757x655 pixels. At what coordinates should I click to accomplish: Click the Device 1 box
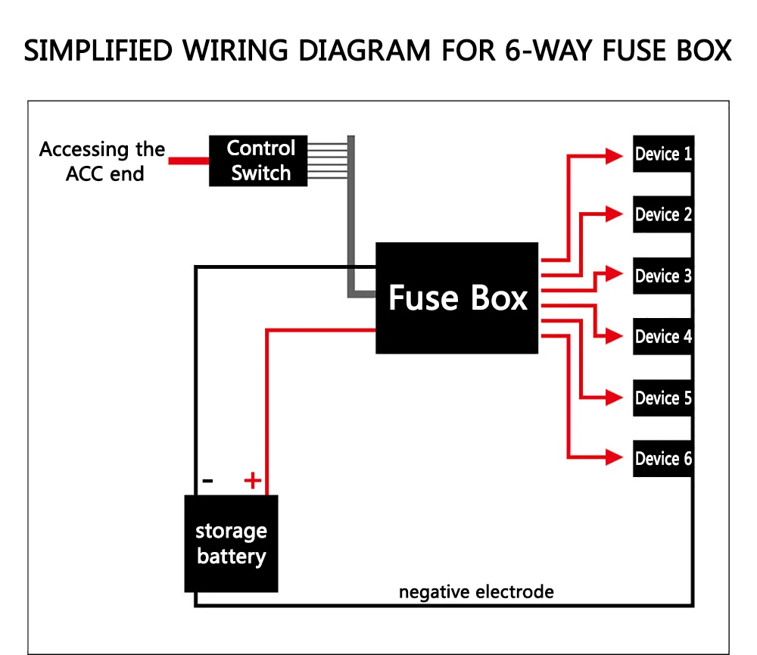pyautogui.click(x=663, y=154)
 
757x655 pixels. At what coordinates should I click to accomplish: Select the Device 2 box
pyautogui.click(x=663, y=214)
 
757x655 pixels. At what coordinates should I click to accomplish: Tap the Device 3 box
pyautogui.click(x=663, y=276)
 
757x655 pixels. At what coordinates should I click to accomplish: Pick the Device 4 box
pyautogui.click(x=663, y=337)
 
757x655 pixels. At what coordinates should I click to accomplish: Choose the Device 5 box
pyautogui.click(x=663, y=398)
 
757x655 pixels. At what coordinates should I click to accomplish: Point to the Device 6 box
pyautogui.click(x=663, y=458)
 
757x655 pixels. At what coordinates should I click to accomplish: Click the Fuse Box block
pyautogui.click(x=456, y=298)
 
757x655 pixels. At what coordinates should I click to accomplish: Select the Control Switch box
pyautogui.click(x=258, y=161)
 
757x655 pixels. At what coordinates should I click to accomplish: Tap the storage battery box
pyautogui.click(x=231, y=544)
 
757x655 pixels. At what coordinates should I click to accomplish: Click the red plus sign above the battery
pyautogui.click(x=253, y=481)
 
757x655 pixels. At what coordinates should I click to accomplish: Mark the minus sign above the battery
pyautogui.click(x=207, y=481)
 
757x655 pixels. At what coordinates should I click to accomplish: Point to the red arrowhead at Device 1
pyautogui.click(x=614, y=156)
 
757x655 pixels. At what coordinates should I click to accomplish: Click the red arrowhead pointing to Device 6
pyautogui.click(x=614, y=457)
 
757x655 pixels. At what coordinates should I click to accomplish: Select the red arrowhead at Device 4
pyautogui.click(x=614, y=335)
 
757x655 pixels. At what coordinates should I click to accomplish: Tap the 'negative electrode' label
pyautogui.click(x=476, y=591)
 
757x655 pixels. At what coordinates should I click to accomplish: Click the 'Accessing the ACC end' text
pyautogui.click(x=102, y=161)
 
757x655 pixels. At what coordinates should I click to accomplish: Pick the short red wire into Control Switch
pyautogui.click(x=188, y=161)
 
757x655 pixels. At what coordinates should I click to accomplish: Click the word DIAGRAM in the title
pyautogui.click(x=365, y=51)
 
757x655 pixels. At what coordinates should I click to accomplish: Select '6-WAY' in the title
pyautogui.click(x=548, y=51)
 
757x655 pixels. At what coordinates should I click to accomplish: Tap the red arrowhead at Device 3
pyautogui.click(x=614, y=273)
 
